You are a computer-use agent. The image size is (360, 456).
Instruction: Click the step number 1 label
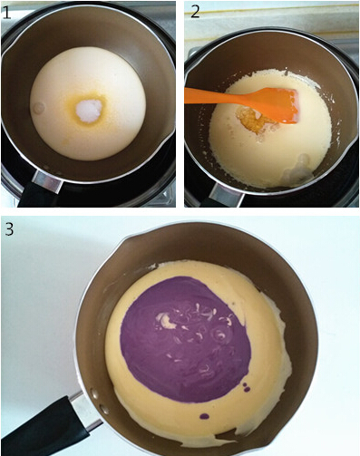click(x=6, y=13)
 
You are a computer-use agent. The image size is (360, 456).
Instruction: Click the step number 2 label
click(x=195, y=12)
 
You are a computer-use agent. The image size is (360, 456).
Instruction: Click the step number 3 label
click(x=9, y=230)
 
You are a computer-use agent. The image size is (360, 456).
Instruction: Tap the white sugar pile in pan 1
click(x=89, y=110)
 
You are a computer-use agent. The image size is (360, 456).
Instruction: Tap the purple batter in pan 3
click(x=185, y=339)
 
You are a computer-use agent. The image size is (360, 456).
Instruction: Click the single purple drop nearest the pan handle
click(x=205, y=417)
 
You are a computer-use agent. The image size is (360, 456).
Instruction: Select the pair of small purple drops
click(x=247, y=386)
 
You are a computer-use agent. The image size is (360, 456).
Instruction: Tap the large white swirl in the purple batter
click(x=168, y=320)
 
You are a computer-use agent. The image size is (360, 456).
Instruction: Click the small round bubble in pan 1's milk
click(x=39, y=108)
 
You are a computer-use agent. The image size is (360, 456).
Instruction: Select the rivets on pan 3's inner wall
click(x=99, y=402)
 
